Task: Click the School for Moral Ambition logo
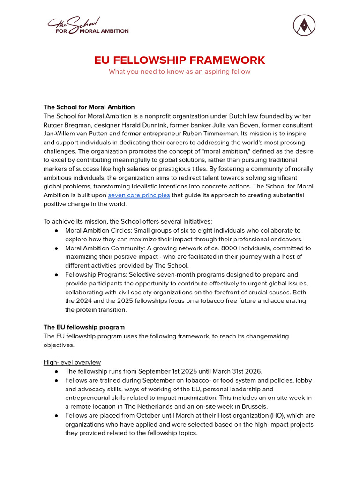(x=88, y=26)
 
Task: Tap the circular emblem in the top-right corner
(x=304, y=25)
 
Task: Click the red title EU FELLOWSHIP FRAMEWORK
(x=180, y=60)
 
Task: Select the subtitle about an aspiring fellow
(x=180, y=72)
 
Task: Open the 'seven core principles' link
(x=139, y=195)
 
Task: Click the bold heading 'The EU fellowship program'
(x=84, y=327)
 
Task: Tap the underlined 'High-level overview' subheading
(x=72, y=362)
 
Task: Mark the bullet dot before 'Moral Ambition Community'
(x=56, y=248)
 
